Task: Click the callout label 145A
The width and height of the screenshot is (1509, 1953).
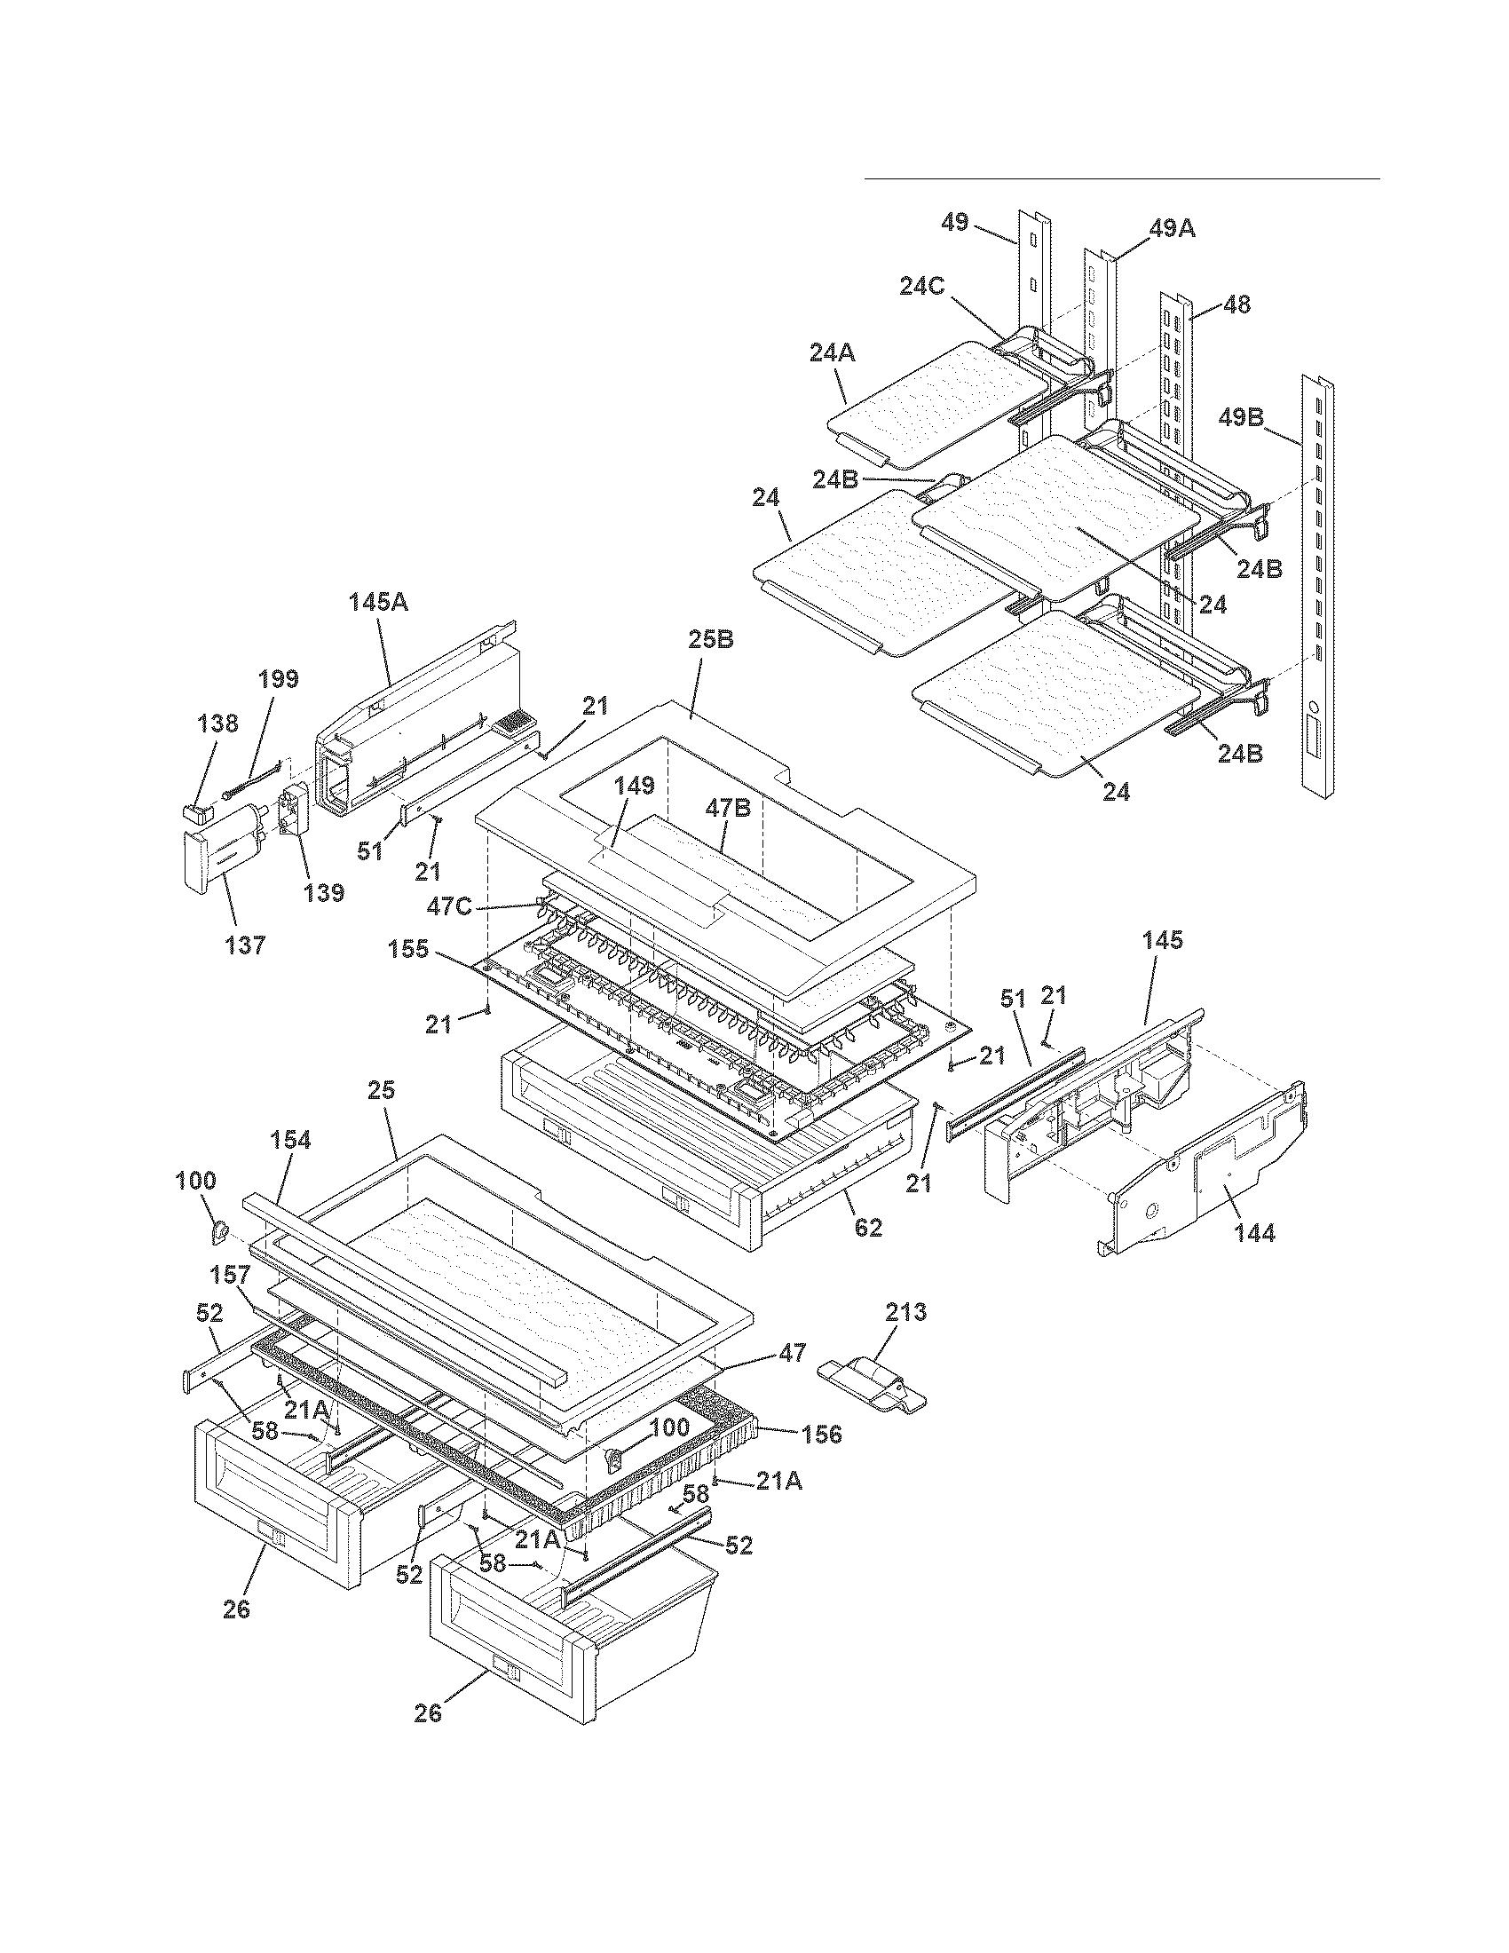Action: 378,602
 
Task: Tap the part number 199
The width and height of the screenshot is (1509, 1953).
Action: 278,678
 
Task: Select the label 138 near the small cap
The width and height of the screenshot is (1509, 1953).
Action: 218,723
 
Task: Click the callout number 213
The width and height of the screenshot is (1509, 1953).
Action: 905,1313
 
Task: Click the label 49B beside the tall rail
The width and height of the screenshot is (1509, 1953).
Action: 1242,417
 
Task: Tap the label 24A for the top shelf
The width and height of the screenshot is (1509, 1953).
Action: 832,353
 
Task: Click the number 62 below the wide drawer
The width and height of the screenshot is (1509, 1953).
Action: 867,1228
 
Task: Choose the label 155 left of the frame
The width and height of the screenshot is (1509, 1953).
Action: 409,950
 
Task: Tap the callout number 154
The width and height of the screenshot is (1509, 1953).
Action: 290,1139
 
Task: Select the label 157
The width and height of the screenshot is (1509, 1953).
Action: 231,1272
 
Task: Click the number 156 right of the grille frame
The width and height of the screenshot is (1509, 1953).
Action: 822,1434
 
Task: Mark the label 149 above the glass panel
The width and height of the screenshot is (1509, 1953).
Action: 635,785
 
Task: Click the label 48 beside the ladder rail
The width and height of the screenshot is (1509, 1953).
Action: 1237,304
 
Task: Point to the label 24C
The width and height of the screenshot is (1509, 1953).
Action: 922,285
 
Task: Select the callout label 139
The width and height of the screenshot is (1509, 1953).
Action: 324,892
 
